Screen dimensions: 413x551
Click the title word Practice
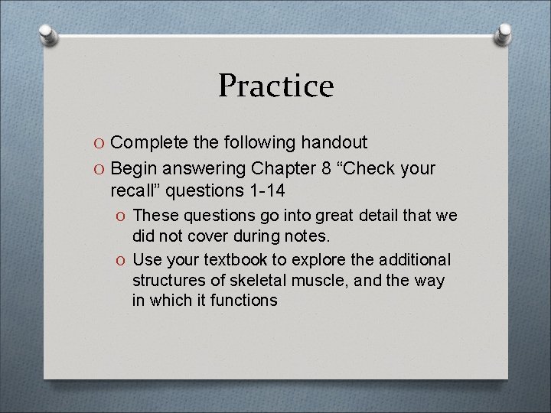tap(275, 86)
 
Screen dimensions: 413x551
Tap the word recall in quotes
tap(136, 189)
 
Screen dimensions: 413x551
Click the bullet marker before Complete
tap(100, 143)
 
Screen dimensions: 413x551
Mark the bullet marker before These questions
tap(122, 217)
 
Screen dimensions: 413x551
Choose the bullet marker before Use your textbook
tap(122, 260)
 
